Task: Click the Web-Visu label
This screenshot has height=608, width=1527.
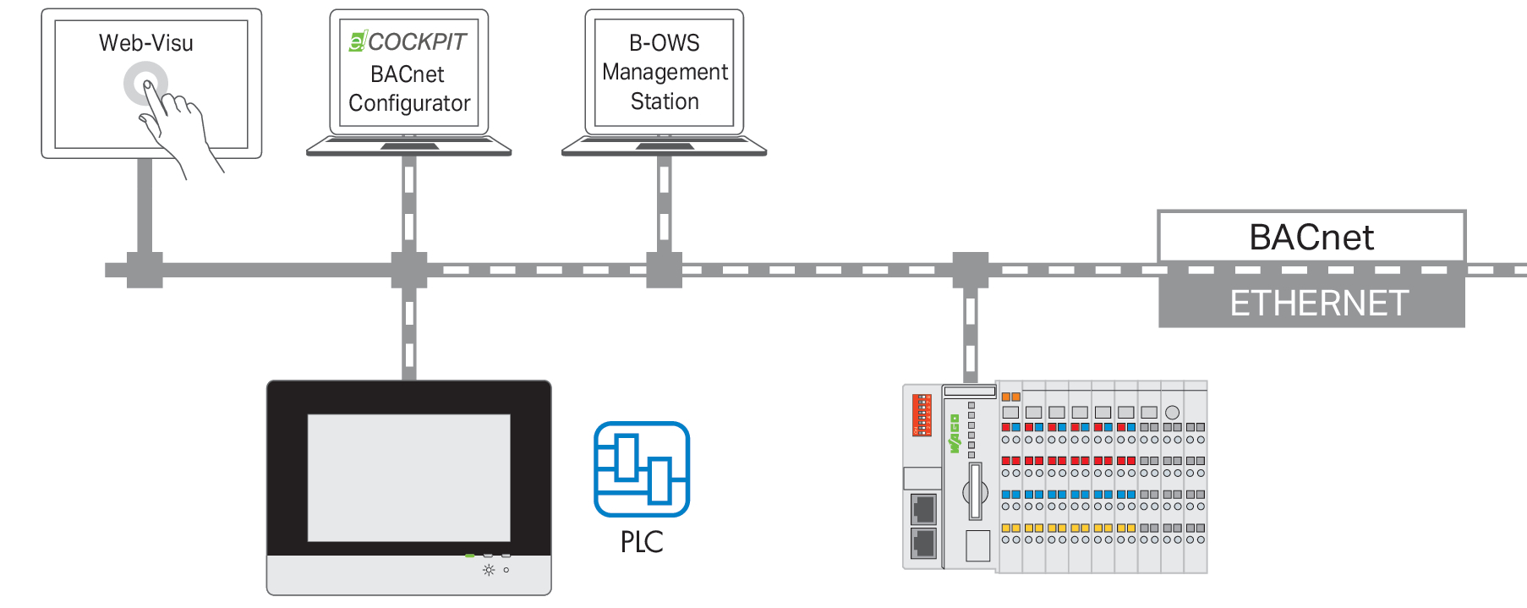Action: tap(145, 43)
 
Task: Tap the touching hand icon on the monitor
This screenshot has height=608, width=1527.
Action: tap(169, 118)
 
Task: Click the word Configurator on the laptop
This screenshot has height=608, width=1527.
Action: tap(409, 103)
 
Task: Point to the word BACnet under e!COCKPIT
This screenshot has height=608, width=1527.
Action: tap(407, 74)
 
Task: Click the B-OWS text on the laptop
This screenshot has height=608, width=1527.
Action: tap(665, 43)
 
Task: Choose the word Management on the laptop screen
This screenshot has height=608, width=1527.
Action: tap(665, 72)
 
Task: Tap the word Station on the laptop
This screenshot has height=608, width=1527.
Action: tap(665, 101)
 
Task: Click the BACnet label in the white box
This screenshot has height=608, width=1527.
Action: tap(1311, 238)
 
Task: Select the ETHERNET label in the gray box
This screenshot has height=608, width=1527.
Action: tap(1318, 303)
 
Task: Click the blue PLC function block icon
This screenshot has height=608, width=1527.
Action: tap(642, 468)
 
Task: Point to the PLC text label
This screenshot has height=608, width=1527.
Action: tap(642, 542)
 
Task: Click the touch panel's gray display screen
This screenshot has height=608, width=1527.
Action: tap(408, 477)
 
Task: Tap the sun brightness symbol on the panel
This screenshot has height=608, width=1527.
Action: tap(489, 570)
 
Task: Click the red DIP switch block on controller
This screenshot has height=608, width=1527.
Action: tap(922, 414)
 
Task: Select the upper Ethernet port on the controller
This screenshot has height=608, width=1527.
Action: tap(923, 509)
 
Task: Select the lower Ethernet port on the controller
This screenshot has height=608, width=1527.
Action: tap(923, 543)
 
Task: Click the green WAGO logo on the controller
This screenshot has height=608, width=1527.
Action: tap(955, 434)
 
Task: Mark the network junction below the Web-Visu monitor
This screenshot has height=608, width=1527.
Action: tap(145, 270)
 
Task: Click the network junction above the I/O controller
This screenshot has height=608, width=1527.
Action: tap(971, 270)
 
